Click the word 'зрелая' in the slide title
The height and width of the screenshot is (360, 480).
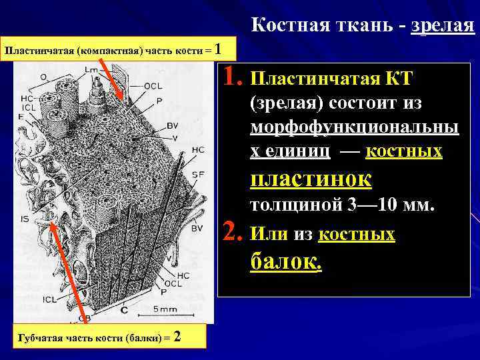[x=443, y=27]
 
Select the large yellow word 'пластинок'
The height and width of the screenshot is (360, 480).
[x=311, y=179]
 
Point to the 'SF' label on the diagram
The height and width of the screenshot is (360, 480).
[x=197, y=174]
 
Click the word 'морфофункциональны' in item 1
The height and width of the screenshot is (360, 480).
[x=354, y=128]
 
